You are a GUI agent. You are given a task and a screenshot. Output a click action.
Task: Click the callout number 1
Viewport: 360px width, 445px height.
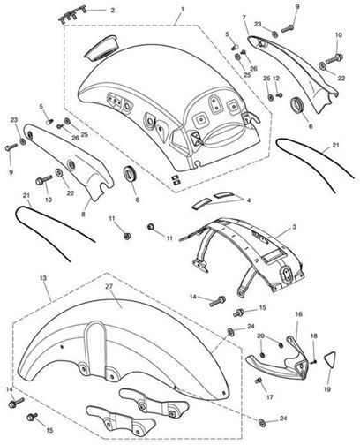pyautogui.click(x=183, y=9)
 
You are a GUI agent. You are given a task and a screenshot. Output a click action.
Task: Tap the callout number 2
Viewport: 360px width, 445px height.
pyautogui.click(x=112, y=11)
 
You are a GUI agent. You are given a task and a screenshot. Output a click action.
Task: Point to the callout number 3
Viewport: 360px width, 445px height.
pyautogui.click(x=294, y=227)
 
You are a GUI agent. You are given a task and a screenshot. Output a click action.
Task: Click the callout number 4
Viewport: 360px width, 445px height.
pyautogui.click(x=249, y=200)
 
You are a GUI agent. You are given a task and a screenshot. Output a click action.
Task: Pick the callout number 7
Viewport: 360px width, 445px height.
pyautogui.click(x=244, y=18)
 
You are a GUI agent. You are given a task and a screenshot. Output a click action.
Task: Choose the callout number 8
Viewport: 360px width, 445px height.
pyautogui.click(x=83, y=215)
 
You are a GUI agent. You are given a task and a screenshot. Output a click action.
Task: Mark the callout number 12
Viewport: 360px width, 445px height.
pyautogui.click(x=276, y=79)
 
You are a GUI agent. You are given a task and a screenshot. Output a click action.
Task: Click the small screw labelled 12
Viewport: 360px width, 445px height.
pyautogui.click(x=281, y=95)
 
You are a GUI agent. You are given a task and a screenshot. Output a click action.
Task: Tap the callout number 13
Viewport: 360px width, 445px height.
pyautogui.click(x=43, y=278)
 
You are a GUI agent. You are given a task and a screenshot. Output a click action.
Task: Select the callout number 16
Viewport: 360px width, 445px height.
pyautogui.click(x=299, y=314)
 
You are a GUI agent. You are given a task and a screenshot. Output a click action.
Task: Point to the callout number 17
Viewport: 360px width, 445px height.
pyautogui.click(x=270, y=397)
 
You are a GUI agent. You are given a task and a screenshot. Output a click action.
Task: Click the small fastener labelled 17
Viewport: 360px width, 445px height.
pyautogui.click(x=259, y=381)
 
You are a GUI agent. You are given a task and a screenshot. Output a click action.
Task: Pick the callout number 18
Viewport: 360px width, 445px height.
pyautogui.click(x=314, y=336)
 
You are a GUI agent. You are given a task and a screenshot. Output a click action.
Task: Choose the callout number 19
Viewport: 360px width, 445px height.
pyautogui.click(x=327, y=389)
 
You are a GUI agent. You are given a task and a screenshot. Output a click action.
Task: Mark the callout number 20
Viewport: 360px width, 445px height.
pyautogui.click(x=261, y=336)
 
